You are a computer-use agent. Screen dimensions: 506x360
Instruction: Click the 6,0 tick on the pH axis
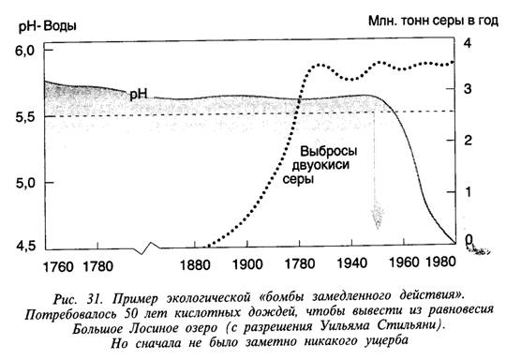(x=25, y=51)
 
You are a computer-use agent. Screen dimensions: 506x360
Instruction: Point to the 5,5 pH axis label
(x=25, y=117)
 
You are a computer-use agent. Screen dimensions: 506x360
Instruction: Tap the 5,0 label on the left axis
(x=25, y=183)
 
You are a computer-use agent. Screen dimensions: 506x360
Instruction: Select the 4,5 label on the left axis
(x=25, y=246)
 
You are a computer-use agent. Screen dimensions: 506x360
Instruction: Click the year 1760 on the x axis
(x=58, y=266)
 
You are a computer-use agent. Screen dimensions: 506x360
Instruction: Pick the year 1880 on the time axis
(x=195, y=265)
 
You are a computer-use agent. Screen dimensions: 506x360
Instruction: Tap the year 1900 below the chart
(x=247, y=264)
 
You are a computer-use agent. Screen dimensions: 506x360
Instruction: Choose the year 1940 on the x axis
(x=352, y=263)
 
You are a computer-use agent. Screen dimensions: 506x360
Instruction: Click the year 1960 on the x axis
(x=404, y=262)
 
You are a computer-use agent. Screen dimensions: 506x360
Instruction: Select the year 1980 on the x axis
(x=441, y=262)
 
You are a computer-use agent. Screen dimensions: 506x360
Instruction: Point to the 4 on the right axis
(x=468, y=43)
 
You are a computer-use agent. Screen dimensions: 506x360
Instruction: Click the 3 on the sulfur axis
(x=468, y=89)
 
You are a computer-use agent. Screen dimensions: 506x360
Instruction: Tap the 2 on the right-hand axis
(x=468, y=140)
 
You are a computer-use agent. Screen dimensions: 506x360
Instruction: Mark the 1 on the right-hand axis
(x=469, y=192)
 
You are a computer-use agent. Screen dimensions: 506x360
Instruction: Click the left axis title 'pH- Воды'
(x=48, y=26)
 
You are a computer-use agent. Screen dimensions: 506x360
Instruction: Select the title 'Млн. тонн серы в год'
(x=434, y=21)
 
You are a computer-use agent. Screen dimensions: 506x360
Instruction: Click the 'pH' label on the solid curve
(x=138, y=94)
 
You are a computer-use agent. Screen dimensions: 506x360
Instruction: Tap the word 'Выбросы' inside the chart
(x=329, y=151)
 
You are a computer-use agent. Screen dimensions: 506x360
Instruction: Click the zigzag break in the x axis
(x=147, y=247)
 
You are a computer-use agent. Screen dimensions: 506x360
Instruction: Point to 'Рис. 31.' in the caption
(x=78, y=299)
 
